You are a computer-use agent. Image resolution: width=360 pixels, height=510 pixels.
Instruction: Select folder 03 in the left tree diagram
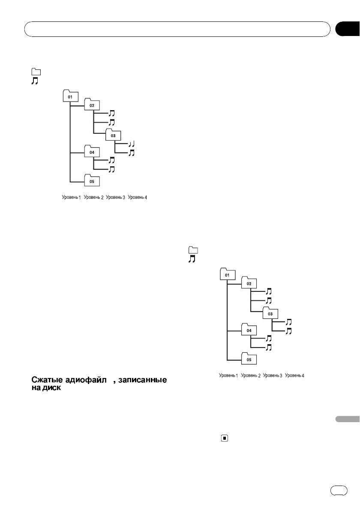113,135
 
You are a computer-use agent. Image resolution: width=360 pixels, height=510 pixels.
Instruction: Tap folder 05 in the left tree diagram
92,180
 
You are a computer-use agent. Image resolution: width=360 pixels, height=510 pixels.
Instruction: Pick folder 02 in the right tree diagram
249,282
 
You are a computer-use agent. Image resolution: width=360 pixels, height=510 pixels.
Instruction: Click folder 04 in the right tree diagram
249,330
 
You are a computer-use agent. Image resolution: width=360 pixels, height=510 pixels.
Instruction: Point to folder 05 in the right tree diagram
249,359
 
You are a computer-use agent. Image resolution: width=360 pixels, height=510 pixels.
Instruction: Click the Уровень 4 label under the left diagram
138,198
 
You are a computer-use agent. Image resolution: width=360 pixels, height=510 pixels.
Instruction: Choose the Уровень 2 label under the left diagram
94,198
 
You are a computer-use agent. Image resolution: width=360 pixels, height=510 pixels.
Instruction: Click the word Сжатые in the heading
46,380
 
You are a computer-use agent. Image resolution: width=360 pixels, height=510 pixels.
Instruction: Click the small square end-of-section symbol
224,438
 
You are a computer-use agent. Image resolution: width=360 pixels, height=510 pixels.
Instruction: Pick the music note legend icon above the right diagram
192,259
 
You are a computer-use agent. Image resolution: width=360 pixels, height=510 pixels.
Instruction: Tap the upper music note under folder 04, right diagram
268,339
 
